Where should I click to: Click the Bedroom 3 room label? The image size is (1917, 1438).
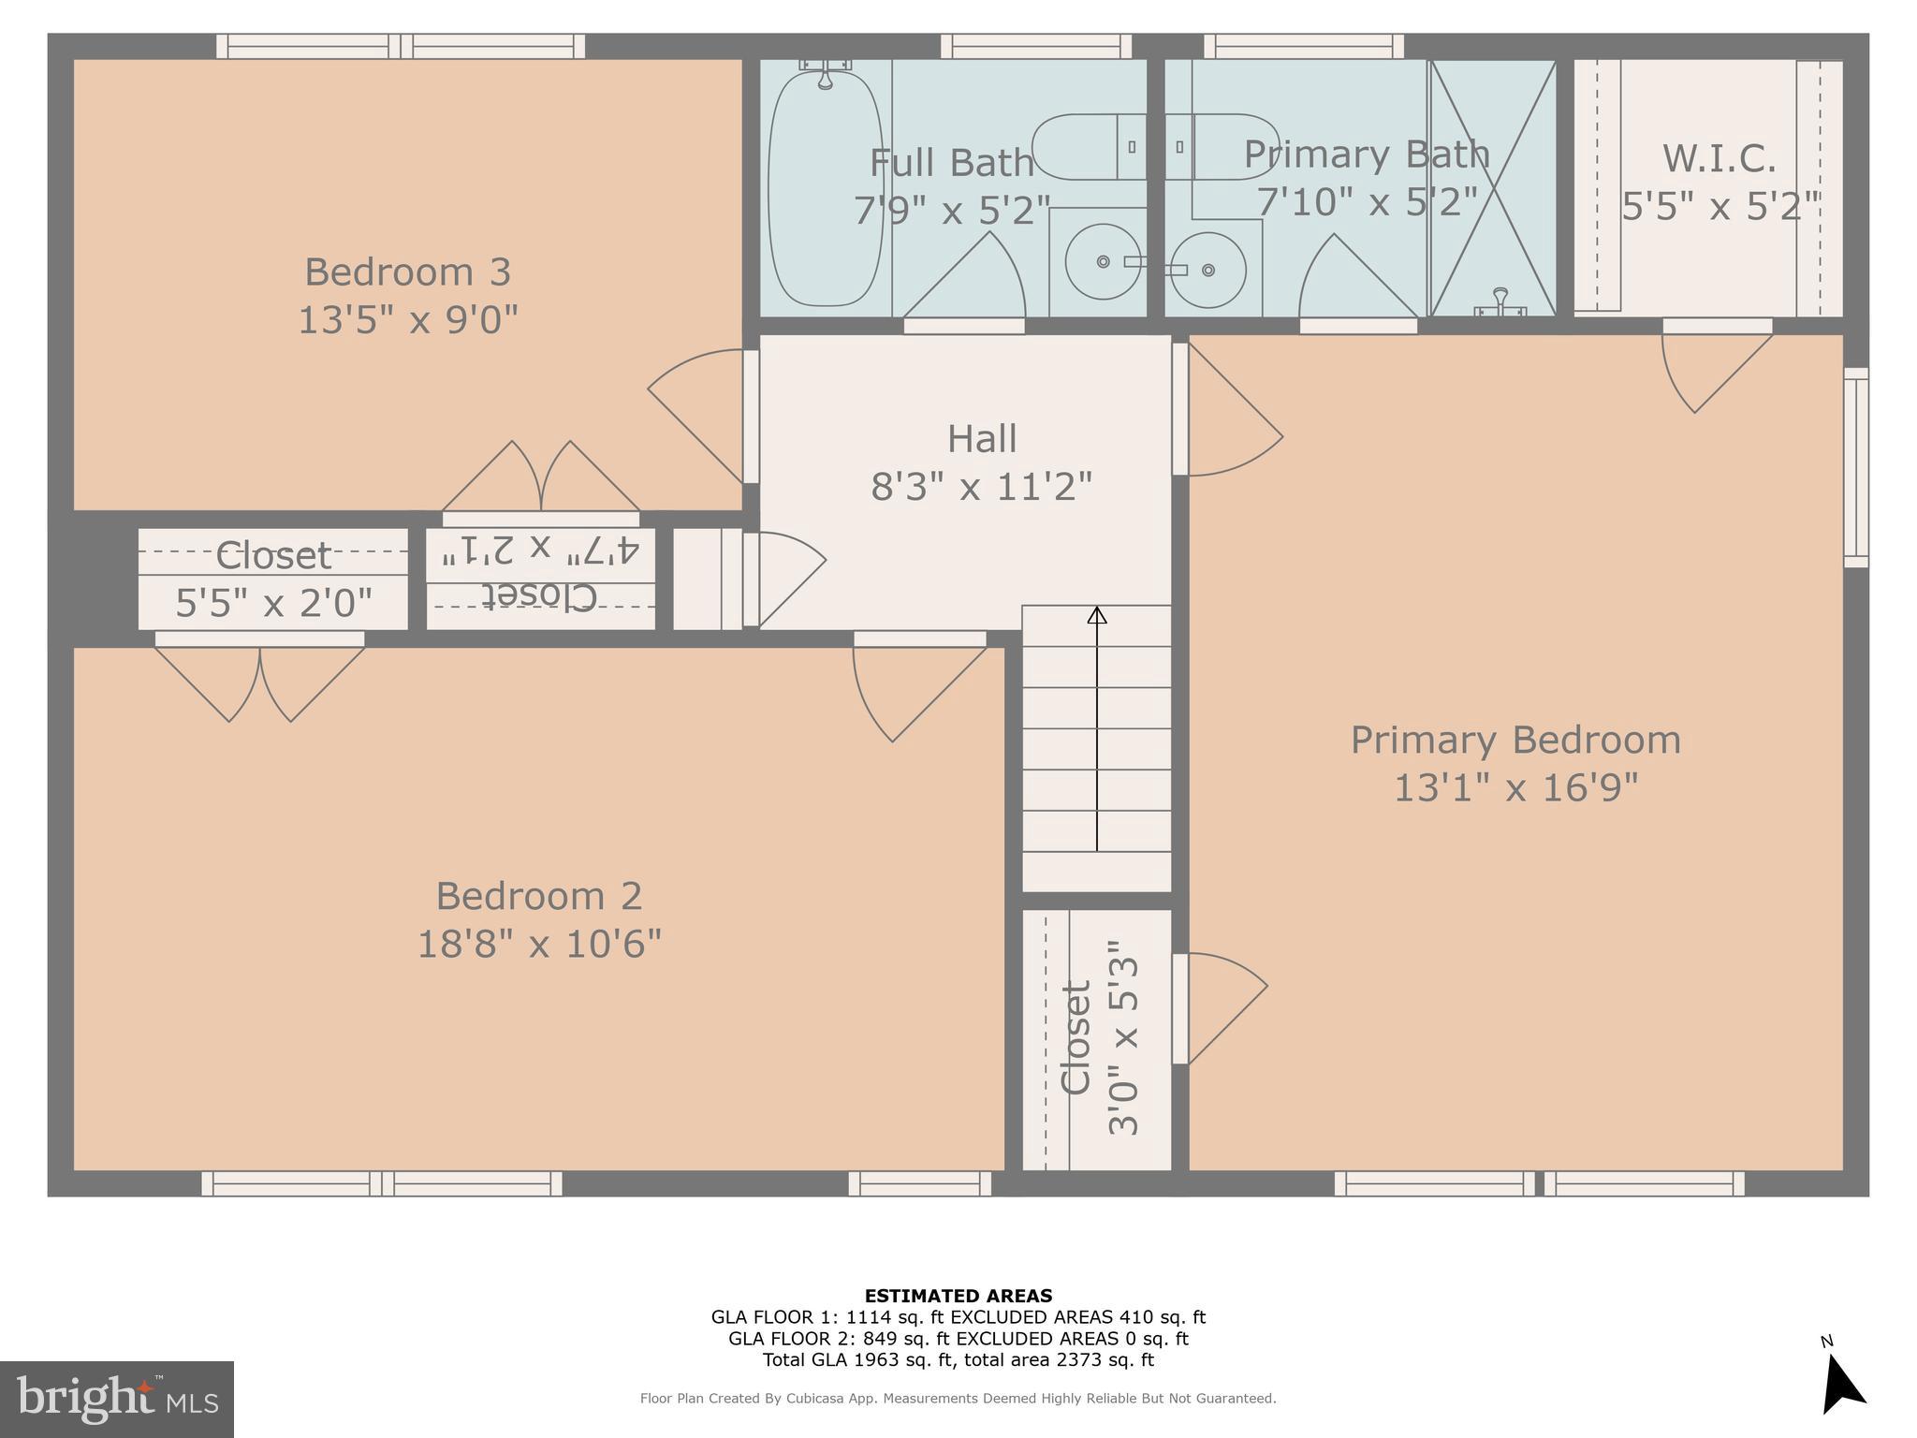click(x=407, y=272)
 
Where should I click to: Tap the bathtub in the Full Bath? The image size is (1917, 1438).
click(x=825, y=187)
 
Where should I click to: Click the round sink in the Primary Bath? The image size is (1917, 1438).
click(x=1207, y=270)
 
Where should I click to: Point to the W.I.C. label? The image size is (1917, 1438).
click(x=1719, y=158)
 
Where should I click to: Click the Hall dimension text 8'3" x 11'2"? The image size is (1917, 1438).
click(x=981, y=487)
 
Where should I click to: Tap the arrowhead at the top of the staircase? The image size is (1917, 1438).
click(x=1097, y=615)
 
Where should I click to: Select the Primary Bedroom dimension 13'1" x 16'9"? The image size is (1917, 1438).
click(x=1515, y=787)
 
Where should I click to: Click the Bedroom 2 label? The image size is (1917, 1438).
click(x=538, y=896)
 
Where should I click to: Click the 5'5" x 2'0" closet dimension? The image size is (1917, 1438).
click(x=273, y=603)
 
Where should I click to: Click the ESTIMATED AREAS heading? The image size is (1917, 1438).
click(x=958, y=1296)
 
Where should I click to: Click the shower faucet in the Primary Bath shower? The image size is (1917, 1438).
click(x=1500, y=301)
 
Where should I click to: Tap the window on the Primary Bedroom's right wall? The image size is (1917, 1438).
click(x=1855, y=467)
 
